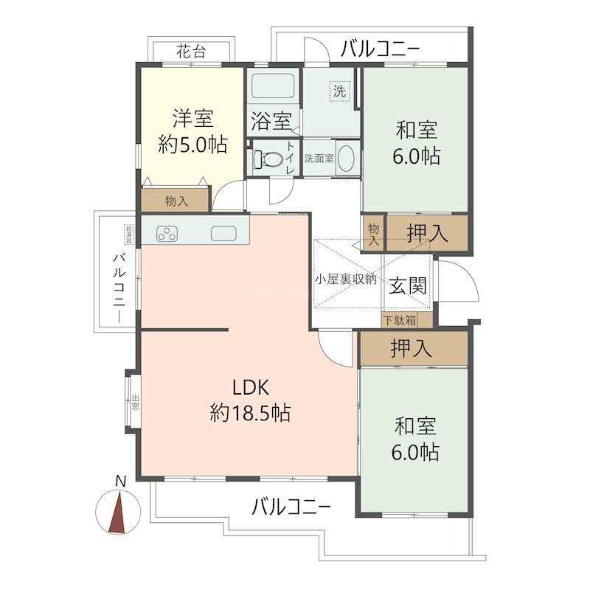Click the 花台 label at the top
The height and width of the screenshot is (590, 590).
click(191, 52)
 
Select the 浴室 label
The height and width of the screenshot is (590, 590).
click(271, 119)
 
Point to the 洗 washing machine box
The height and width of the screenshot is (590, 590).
click(339, 92)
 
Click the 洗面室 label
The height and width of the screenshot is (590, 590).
click(319, 158)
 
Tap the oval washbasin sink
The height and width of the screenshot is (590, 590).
click(346, 159)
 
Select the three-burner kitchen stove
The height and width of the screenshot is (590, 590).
click(167, 234)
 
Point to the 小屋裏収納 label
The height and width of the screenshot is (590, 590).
click(346, 280)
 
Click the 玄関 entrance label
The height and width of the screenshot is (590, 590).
click(407, 285)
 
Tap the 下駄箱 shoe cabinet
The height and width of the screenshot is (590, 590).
click(399, 321)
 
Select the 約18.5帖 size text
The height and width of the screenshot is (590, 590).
click(251, 413)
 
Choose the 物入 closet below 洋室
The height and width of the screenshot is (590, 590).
click(176, 200)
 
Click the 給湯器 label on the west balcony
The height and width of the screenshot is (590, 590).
click(129, 235)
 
